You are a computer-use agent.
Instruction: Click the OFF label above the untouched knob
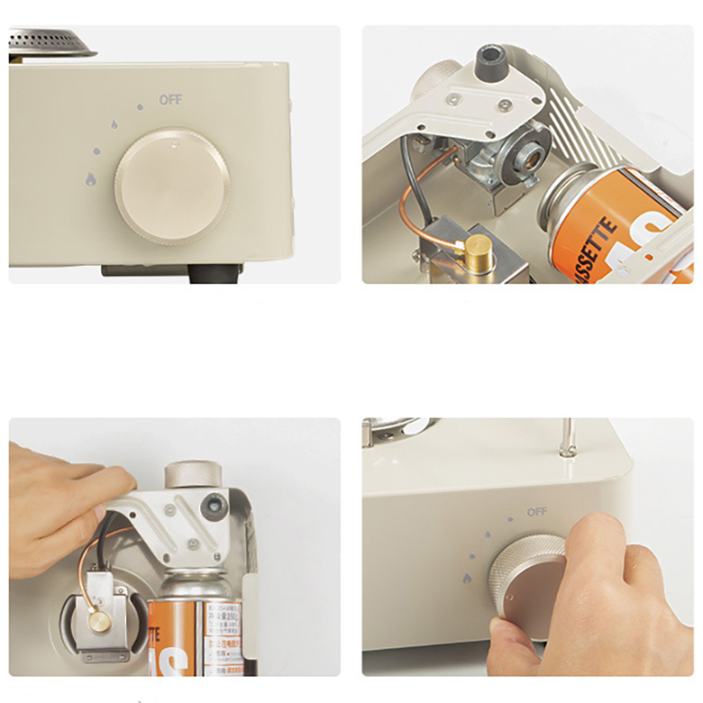click(170, 99)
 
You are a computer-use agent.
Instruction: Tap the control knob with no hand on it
click(172, 185)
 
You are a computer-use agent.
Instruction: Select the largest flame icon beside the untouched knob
click(91, 178)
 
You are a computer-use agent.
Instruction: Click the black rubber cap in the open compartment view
click(492, 65)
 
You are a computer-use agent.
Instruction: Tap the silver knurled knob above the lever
click(192, 475)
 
